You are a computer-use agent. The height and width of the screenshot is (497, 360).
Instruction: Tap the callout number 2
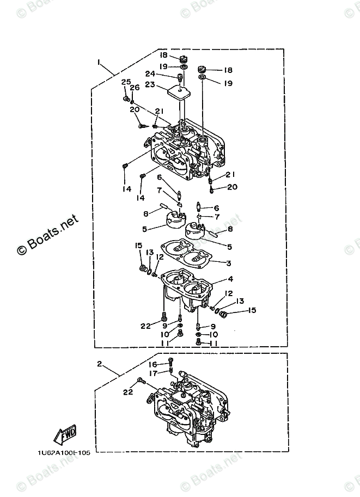pyautogui.click(x=100, y=363)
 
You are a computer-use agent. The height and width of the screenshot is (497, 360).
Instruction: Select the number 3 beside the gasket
pyautogui.click(x=229, y=263)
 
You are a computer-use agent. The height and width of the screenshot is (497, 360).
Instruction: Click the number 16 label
pyautogui.click(x=154, y=365)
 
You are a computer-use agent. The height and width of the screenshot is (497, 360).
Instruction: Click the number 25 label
pyautogui.click(x=126, y=82)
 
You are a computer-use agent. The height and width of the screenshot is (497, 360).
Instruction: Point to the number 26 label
pyautogui.click(x=135, y=87)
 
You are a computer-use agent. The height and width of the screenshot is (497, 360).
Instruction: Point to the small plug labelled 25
pyautogui.click(x=126, y=100)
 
